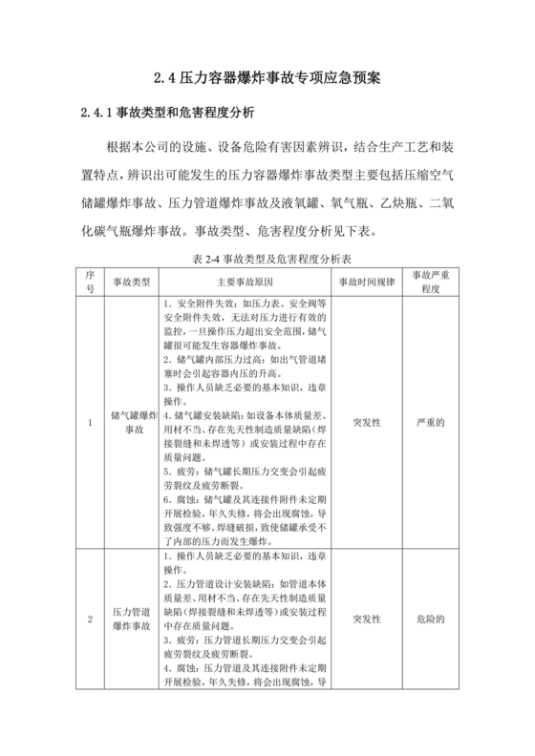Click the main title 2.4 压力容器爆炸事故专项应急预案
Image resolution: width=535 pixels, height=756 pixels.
point(267,79)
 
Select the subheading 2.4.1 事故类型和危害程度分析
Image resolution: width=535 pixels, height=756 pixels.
point(168,114)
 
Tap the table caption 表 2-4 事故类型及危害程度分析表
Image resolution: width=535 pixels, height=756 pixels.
point(267,259)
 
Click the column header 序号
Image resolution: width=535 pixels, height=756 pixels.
point(91,282)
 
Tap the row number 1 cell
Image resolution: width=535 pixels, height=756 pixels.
point(91,423)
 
